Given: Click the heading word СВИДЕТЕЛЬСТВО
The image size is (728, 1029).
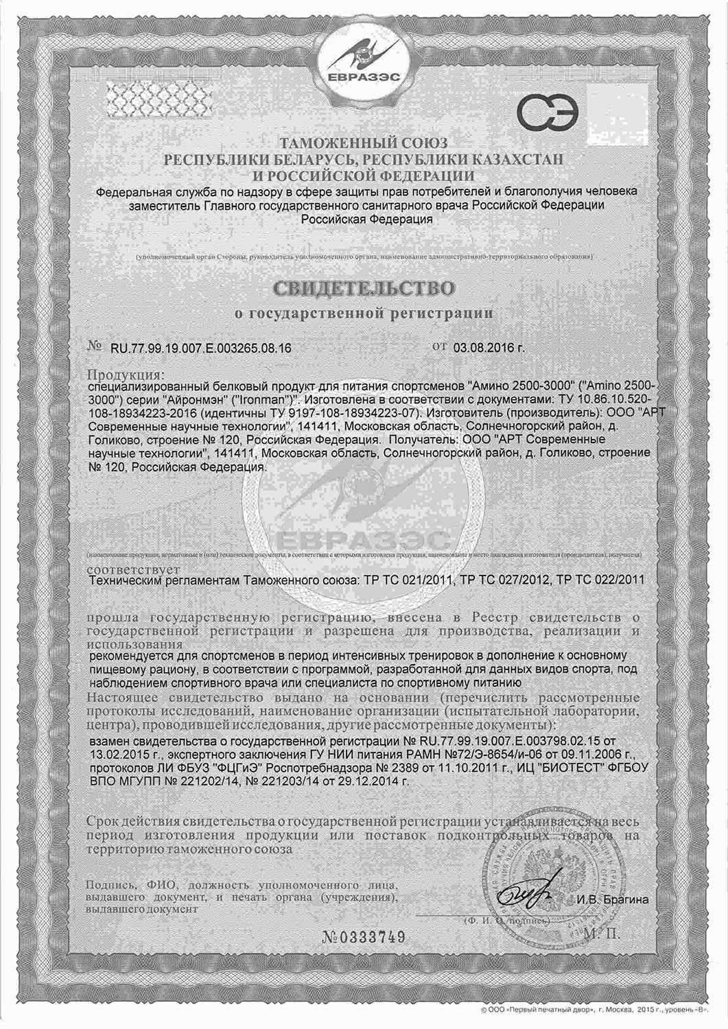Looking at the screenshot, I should (x=364, y=289).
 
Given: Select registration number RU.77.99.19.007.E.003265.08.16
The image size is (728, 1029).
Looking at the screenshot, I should (x=200, y=348).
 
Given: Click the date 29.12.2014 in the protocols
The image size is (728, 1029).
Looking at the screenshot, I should (x=366, y=781).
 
